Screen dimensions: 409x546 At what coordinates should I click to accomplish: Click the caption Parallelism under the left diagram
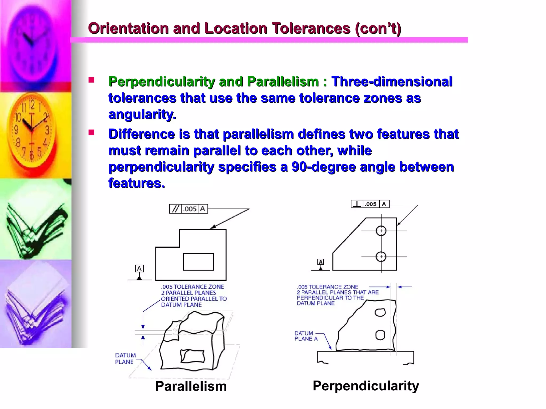(x=191, y=386)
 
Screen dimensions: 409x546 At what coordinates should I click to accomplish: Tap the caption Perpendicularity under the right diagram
(x=366, y=386)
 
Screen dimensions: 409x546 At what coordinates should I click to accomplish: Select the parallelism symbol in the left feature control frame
(x=175, y=209)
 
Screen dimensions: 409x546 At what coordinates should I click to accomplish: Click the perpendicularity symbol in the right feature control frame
(x=357, y=204)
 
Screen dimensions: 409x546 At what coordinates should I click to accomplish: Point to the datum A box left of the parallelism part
(x=139, y=268)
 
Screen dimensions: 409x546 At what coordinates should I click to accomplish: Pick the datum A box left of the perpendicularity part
(x=320, y=262)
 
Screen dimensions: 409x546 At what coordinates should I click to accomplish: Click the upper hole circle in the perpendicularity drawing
(x=381, y=231)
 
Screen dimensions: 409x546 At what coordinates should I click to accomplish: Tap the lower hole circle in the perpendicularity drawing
(x=381, y=257)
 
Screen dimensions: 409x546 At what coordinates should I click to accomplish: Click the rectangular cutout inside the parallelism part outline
(x=198, y=262)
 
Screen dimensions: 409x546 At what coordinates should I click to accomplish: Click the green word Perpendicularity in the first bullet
(x=162, y=81)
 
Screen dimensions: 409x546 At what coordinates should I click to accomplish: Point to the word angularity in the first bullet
(x=142, y=114)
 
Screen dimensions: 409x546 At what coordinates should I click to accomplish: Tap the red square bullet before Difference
(x=91, y=133)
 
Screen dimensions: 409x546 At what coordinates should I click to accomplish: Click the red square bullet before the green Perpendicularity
(x=91, y=80)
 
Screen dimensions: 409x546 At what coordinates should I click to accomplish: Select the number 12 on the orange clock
(x=31, y=104)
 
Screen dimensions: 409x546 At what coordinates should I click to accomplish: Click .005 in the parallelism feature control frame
(x=190, y=209)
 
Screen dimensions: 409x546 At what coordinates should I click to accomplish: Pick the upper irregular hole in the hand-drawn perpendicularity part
(x=380, y=312)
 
